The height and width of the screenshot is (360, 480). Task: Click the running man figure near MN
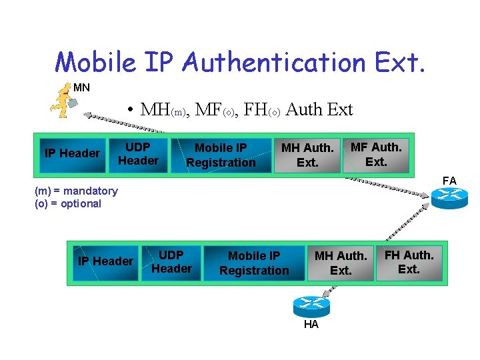63,102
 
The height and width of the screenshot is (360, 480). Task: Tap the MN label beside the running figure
81,87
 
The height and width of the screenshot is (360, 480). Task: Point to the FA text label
449,181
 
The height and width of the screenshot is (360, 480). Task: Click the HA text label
311,325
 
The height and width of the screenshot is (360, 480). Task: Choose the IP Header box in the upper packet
71,154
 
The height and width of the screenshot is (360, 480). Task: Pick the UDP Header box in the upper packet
138,154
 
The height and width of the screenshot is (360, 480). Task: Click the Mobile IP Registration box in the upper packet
221,155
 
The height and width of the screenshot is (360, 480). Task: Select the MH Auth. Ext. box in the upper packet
307,155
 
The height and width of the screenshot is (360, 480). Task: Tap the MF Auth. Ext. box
376,155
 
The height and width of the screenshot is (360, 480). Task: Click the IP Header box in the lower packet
105,261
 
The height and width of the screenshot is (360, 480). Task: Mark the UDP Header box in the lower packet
171,262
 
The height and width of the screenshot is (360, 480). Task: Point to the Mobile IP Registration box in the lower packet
254,263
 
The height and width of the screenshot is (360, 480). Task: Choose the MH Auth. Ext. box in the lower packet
341,263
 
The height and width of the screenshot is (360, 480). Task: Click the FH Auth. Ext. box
409,262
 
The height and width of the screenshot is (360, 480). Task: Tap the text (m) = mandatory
76,191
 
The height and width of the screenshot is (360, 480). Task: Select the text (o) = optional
68,204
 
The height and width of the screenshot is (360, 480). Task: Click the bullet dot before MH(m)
133,110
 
